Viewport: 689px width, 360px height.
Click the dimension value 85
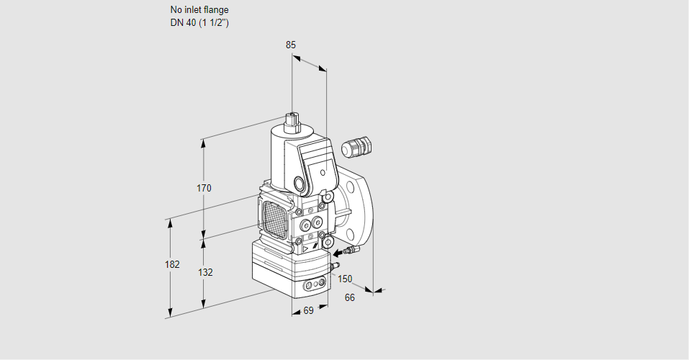pyautogui.click(x=290, y=45)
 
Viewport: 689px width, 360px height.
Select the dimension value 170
pyautogui.click(x=204, y=189)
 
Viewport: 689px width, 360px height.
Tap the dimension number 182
pyautogui.click(x=171, y=264)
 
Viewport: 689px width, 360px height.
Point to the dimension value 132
pyautogui.click(x=205, y=272)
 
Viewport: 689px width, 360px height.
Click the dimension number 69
pyautogui.click(x=308, y=310)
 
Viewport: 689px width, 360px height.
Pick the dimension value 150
pyautogui.click(x=345, y=279)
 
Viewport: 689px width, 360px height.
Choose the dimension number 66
pyautogui.click(x=350, y=297)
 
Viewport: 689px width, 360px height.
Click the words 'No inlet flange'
pyautogui.click(x=199, y=10)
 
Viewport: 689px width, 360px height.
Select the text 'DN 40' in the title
pyautogui.click(x=183, y=22)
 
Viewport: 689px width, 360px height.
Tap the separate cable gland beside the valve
pyautogui.click(x=356, y=146)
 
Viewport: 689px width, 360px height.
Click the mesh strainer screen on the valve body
pyautogui.click(x=274, y=216)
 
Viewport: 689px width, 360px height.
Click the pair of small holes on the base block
pyautogui.click(x=313, y=285)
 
